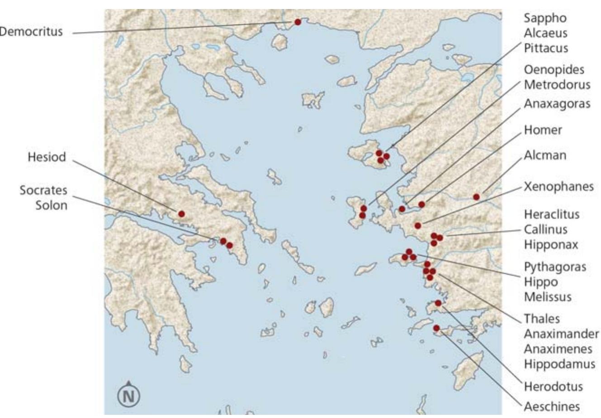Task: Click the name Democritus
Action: point(31,32)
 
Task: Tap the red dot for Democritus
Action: point(298,22)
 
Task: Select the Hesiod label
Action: point(47,157)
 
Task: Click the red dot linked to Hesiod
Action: point(181,214)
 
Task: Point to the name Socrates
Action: point(43,190)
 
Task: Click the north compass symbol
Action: point(129,396)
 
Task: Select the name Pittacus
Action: point(546,48)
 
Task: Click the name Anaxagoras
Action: point(557,103)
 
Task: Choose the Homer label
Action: point(543,130)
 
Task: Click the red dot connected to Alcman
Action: point(476,197)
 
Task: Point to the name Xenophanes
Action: point(558,186)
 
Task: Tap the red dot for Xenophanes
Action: point(418,225)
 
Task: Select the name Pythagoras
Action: point(555,267)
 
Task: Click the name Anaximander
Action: point(561,334)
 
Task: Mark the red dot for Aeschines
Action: point(436,328)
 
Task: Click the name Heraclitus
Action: point(551,214)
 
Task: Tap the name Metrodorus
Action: point(557,85)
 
